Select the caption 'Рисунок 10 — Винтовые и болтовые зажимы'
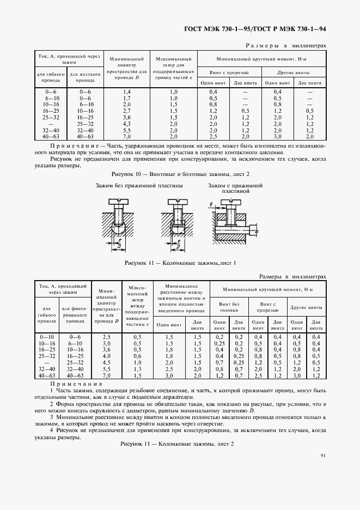(180, 174)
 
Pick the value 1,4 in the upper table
(127, 92)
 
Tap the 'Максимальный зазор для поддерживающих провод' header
(173, 68)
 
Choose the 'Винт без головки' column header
(229, 306)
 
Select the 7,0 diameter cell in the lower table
(107, 375)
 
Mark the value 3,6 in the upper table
(127, 117)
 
